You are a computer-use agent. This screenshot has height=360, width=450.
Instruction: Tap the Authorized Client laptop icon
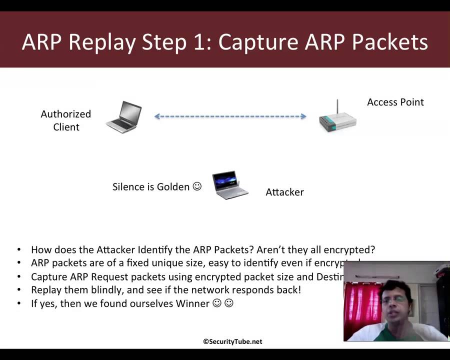point(124,116)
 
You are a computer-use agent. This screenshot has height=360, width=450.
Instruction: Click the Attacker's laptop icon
point(230,186)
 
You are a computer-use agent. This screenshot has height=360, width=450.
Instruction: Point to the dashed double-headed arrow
point(230,116)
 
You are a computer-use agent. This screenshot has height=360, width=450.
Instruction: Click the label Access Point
point(395,102)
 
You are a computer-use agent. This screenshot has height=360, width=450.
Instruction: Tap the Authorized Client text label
point(66,120)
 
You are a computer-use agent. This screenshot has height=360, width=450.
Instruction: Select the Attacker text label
point(284,192)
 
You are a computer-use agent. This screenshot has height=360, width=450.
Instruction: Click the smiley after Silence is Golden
point(197,186)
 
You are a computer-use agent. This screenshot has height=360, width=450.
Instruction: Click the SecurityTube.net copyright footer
point(232,341)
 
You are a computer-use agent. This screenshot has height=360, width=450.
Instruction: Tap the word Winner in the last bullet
point(192,303)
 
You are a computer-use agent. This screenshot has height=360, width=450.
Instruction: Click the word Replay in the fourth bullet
point(44,290)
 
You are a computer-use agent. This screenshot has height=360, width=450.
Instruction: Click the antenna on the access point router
point(337,106)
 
